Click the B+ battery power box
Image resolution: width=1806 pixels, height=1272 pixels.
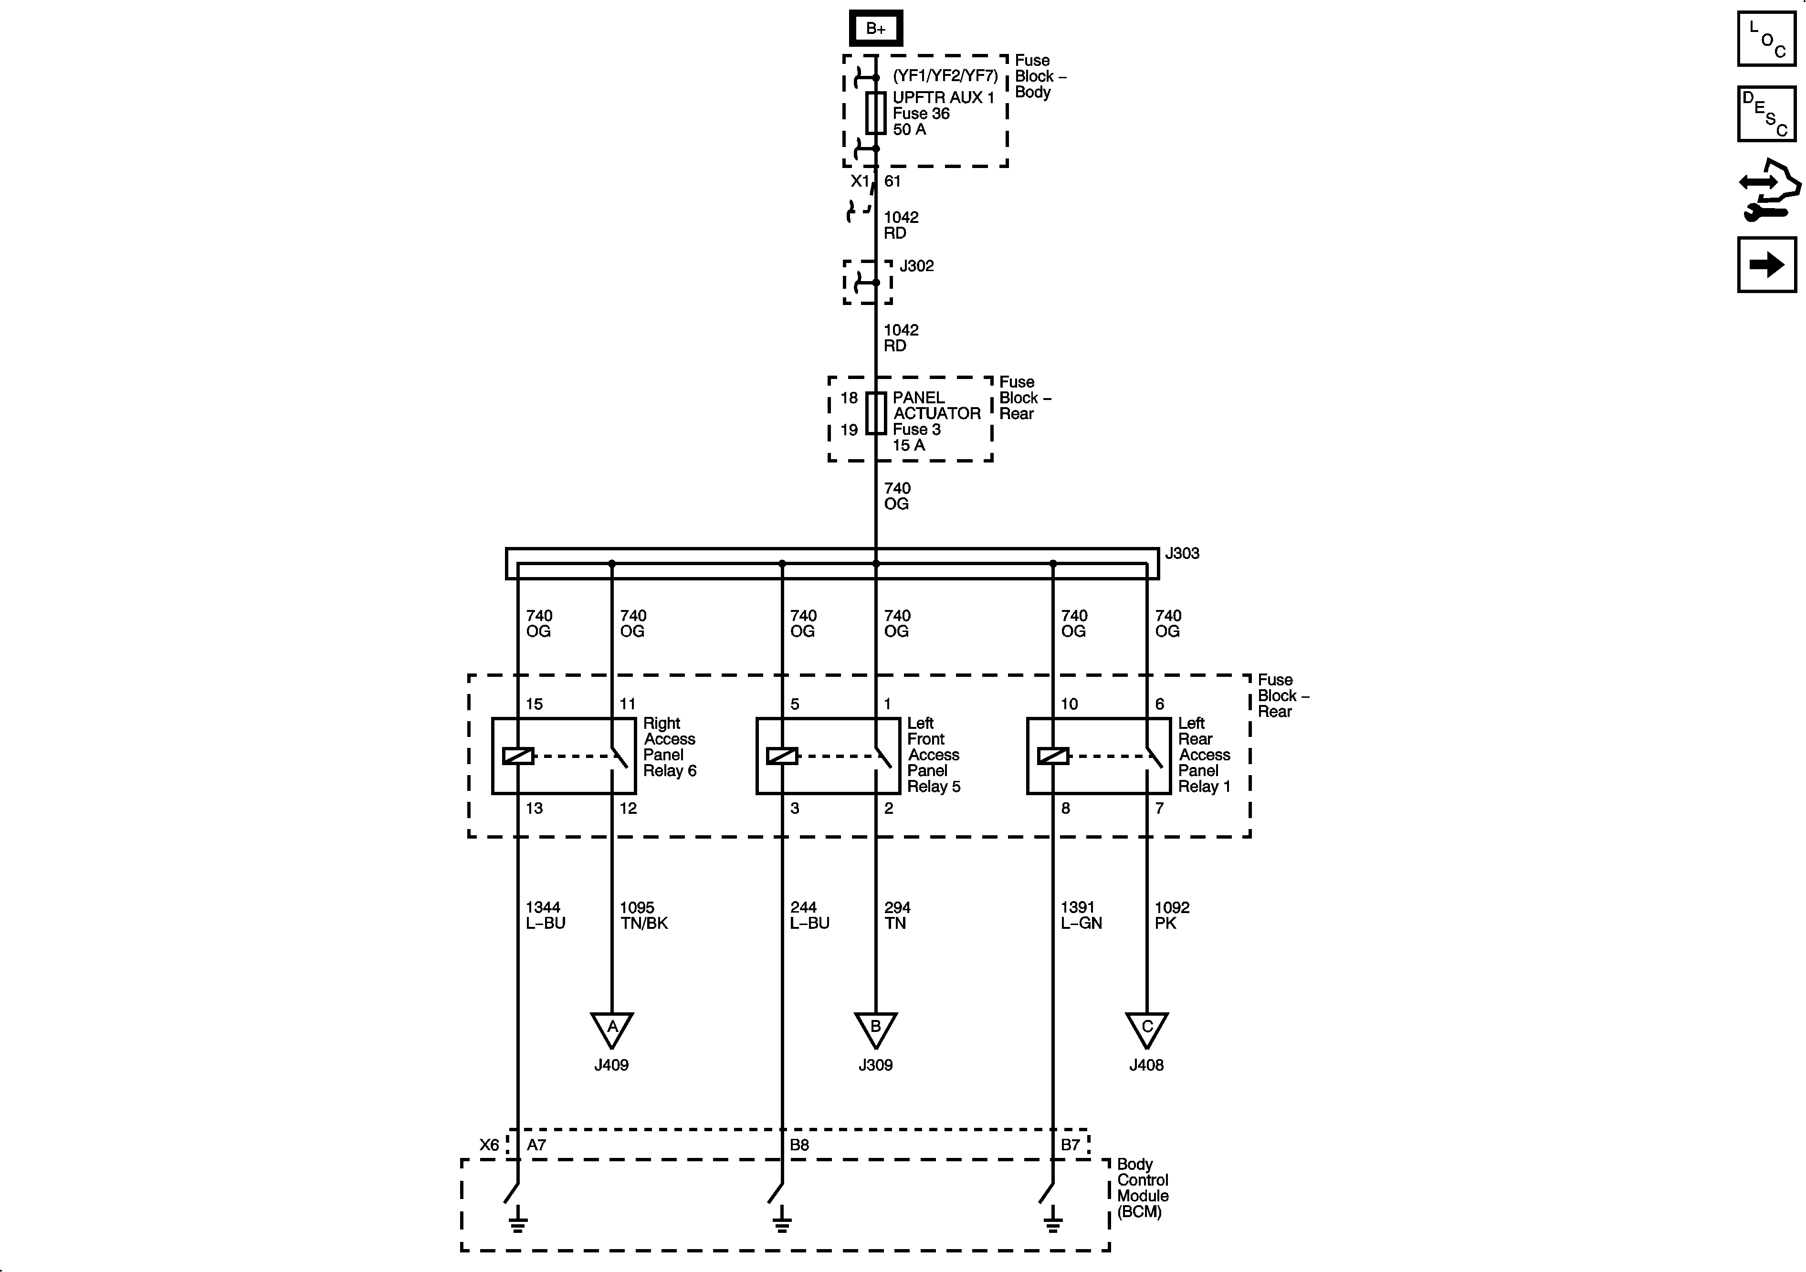point(875,28)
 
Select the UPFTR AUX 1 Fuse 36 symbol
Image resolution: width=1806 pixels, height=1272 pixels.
point(875,113)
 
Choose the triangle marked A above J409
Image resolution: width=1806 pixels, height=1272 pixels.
point(612,1028)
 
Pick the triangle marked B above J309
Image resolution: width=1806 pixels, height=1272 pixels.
point(875,1028)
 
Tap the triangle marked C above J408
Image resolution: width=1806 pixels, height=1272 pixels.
point(1147,1028)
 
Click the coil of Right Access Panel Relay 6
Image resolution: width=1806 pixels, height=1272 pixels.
point(518,756)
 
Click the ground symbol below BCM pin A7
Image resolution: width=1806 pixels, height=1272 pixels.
point(517,1222)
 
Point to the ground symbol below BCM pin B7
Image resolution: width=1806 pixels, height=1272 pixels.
point(1052,1222)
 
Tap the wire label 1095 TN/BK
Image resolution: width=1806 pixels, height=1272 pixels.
point(643,915)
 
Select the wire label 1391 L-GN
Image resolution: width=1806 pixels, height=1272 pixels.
point(1081,915)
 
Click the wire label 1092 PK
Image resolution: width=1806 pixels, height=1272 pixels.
point(1171,915)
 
